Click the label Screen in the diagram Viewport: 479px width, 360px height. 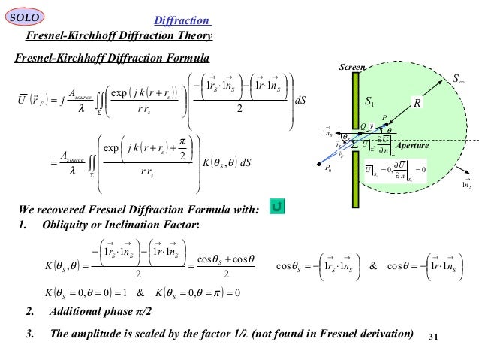tap(353, 67)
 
